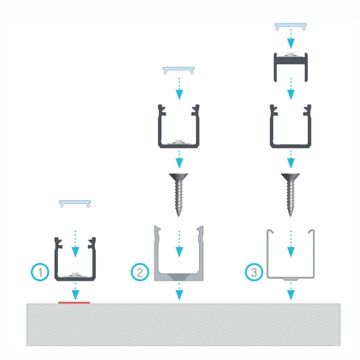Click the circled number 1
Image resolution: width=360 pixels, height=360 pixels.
pos(40,272)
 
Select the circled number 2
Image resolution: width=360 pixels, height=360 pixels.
pos(140,272)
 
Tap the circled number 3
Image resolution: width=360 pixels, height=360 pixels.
pos(253,272)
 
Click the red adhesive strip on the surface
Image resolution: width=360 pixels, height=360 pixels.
pos(74,302)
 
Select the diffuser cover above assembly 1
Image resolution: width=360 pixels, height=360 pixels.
pos(75,203)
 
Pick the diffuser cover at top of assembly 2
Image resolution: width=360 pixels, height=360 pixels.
pos(178,70)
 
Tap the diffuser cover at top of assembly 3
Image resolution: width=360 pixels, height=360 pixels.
pos(290,26)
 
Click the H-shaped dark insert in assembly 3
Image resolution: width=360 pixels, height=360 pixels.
pos(290,67)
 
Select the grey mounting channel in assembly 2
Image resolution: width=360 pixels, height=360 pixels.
pos(178,253)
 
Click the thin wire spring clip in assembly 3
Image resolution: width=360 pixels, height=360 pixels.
pos(290,255)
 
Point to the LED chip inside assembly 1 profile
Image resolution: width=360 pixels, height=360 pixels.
pos(74,274)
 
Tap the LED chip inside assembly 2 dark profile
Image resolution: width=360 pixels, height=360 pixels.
pos(178,141)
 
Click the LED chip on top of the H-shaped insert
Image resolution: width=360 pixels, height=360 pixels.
pos(290,54)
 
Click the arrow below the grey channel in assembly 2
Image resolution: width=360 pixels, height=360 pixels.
pos(179,291)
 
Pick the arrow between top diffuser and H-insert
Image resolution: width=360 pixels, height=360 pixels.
pos(291,39)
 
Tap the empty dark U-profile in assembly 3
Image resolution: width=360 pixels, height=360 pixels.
pos(290,126)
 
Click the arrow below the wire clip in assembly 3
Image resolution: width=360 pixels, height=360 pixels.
pos(291,291)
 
